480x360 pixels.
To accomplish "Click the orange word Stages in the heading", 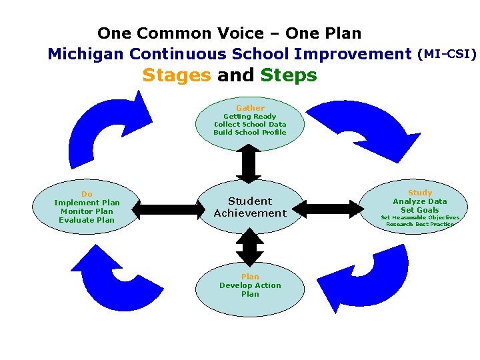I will (176, 75).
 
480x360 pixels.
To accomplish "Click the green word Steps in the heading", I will (289, 75).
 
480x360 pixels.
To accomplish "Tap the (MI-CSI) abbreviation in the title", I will (447, 53).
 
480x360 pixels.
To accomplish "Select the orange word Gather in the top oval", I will (250, 108).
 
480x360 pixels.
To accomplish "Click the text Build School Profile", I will (250, 132).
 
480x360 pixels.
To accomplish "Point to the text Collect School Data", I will (250, 124).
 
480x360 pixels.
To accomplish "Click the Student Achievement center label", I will (250, 207).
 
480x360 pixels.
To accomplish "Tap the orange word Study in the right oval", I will (420, 193).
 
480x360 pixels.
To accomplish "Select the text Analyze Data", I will (420, 201).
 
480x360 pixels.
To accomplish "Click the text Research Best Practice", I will (420, 224).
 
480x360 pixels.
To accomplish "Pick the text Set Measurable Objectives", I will (420, 217).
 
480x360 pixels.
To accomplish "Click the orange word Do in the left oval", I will (87, 194).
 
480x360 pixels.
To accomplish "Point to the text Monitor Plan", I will (87, 211).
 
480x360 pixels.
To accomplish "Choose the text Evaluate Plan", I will (87, 220).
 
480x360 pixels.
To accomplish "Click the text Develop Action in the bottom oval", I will (250, 285).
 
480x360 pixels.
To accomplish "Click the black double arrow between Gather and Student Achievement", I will (249, 164).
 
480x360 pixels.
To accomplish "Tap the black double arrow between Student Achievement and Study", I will (327, 209).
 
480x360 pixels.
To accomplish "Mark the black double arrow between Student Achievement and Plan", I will (250, 247).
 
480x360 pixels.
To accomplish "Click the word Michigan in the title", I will (86, 53).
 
